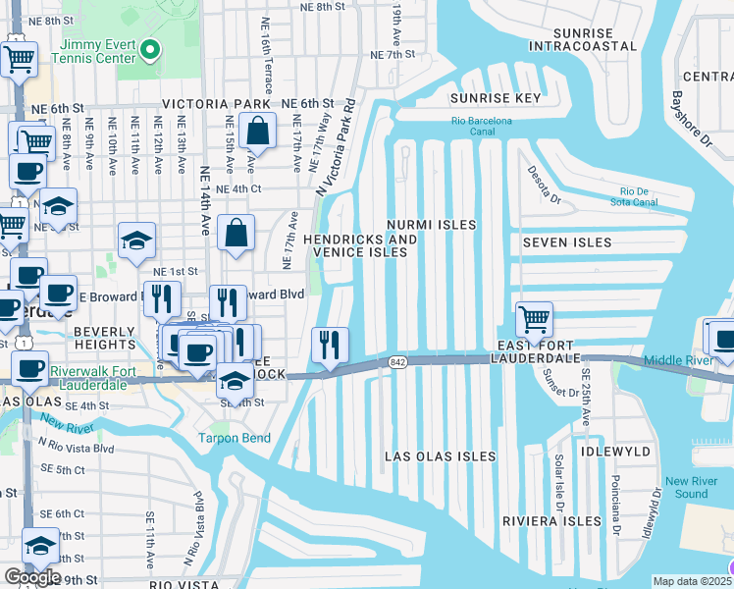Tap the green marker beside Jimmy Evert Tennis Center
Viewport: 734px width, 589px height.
point(149,49)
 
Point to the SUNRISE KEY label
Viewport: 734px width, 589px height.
point(496,98)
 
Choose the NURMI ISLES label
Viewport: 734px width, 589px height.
point(431,225)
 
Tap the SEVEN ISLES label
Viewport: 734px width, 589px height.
point(567,242)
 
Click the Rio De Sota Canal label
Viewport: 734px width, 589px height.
point(644,196)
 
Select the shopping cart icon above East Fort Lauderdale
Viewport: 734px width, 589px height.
point(534,319)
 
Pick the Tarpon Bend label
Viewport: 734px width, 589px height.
point(235,438)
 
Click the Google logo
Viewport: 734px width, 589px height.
point(31,577)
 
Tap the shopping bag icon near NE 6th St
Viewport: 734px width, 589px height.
point(256,131)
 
